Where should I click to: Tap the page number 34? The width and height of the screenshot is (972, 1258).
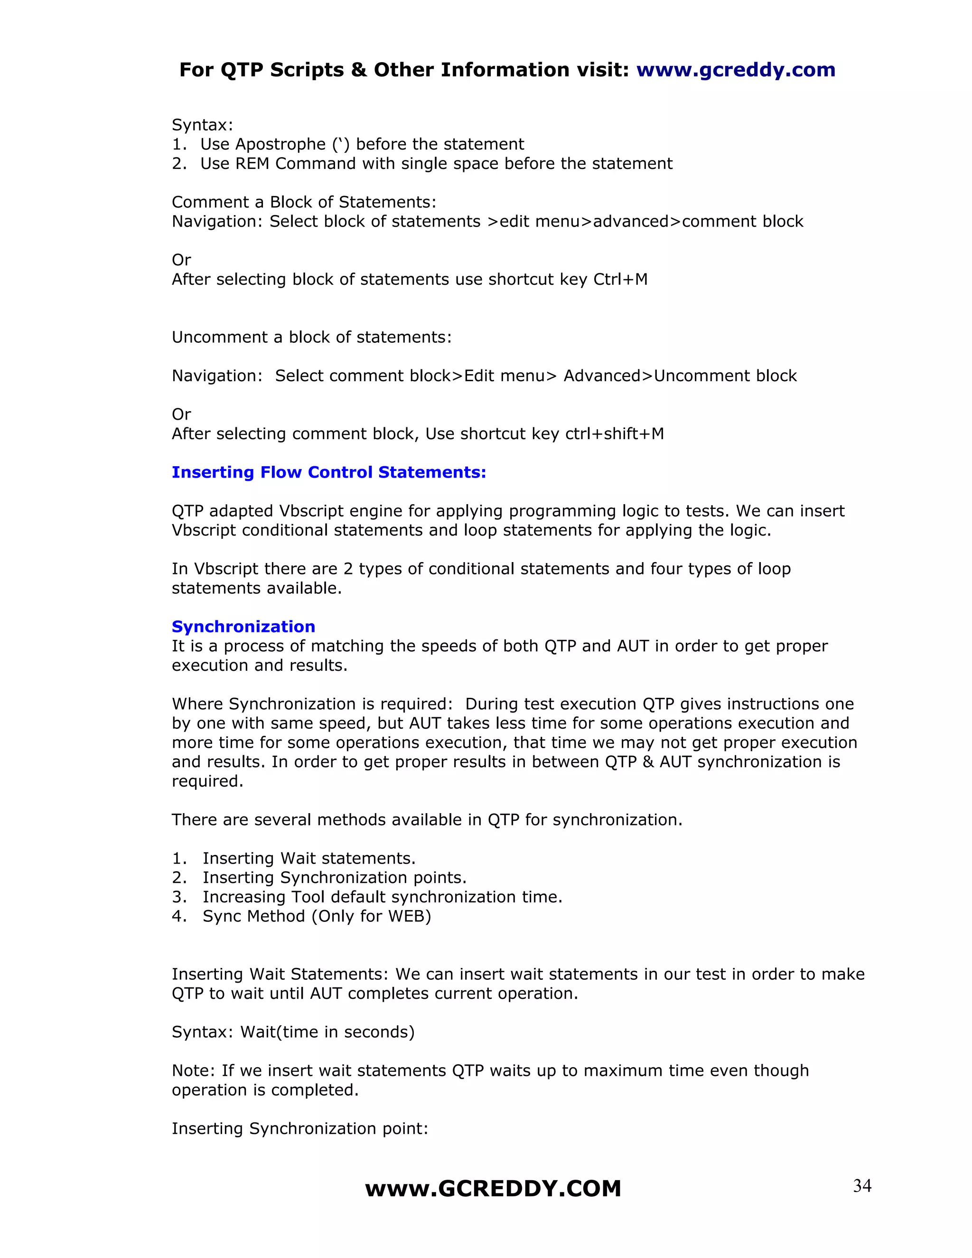click(x=862, y=1186)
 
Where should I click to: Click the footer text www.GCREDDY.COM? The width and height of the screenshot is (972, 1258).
click(x=493, y=1189)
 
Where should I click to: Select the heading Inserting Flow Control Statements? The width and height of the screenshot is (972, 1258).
click(x=329, y=472)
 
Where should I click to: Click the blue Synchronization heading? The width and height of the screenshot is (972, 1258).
click(x=243, y=627)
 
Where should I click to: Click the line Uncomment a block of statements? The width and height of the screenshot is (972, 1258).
click(x=311, y=337)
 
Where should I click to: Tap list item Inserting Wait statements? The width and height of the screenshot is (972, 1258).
click(x=308, y=858)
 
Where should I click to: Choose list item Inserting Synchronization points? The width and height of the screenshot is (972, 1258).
click(x=334, y=877)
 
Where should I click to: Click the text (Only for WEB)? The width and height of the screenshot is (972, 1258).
click(x=372, y=916)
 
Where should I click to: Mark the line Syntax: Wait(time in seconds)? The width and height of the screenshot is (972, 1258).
click(x=293, y=1032)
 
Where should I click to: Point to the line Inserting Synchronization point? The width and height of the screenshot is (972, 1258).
click(x=300, y=1128)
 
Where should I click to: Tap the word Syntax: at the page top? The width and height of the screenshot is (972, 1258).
click(x=202, y=125)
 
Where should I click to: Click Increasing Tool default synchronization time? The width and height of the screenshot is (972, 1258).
click(x=383, y=897)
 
